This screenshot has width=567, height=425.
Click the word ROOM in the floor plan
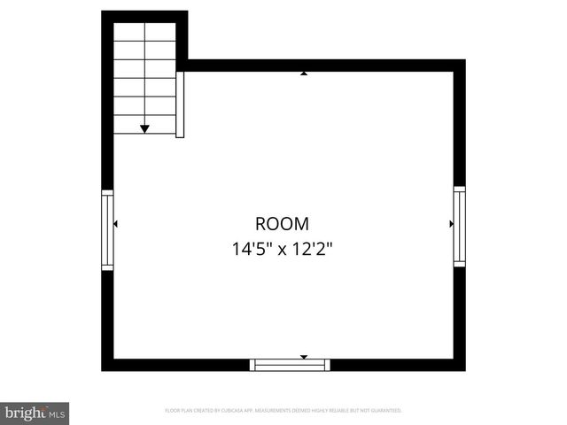coord(283,225)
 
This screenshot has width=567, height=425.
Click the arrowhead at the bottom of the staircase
coord(144,129)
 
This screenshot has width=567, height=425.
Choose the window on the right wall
coord(459,225)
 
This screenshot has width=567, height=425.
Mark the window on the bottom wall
coord(290,364)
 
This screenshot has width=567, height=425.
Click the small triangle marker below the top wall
coord(304,74)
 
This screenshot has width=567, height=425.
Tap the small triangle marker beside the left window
coord(116,225)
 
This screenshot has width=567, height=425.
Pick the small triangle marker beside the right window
coord(451,225)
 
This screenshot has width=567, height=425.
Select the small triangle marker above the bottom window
coord(304,357)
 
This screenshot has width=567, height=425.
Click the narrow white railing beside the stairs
coord(180,104)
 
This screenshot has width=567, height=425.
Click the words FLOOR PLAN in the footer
coord(178,411)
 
